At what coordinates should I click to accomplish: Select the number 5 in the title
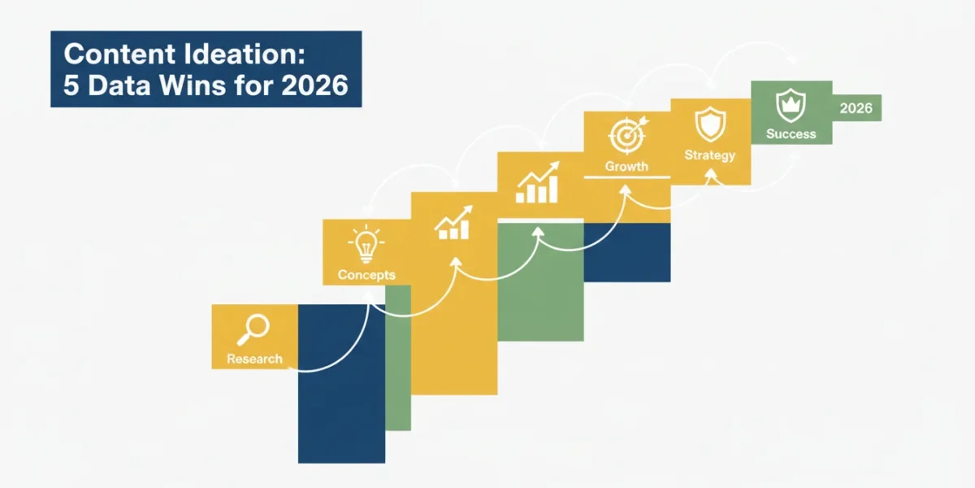point(71,85)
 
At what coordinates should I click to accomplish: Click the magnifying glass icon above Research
point(253,330)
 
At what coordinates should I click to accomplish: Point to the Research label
point(254,359)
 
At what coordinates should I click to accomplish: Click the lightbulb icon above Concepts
point(366,244)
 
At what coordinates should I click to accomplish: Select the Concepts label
point(366,275)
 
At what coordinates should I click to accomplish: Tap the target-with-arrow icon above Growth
point(628,135)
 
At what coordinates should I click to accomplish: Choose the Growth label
point(626,166)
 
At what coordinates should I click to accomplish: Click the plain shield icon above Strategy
point(710,124)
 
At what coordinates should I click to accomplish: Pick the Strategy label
point(710,155)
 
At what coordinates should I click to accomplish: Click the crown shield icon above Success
point(791,106)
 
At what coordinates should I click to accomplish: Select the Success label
point(791,133)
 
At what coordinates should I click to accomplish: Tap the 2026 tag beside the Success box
point(856,108)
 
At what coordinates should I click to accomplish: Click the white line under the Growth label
point(626,177)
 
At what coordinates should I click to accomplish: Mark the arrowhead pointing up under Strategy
point(711,174)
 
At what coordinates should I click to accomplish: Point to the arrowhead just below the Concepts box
point(369,296)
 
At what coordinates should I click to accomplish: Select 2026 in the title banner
point(314,85)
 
